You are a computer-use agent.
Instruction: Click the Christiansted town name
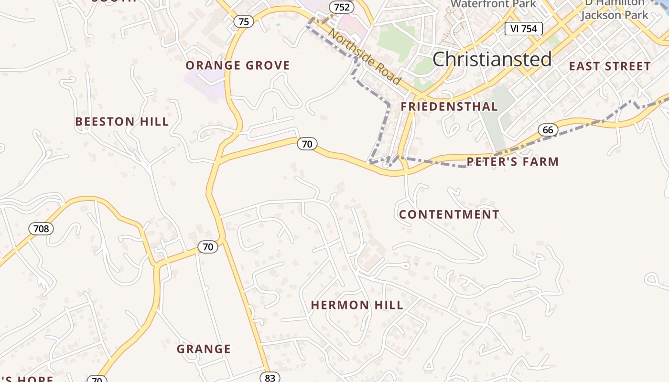[x=492, y=59]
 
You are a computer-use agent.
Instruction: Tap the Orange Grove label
[x=237, y=65]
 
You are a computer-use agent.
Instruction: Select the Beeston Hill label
[x=122, y=122]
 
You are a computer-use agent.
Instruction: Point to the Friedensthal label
[x=449, y=106]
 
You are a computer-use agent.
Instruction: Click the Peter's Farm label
[x=512, y=162]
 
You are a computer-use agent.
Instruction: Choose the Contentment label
[x=449, y=215]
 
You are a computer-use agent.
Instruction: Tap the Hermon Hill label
[x=357, y=305]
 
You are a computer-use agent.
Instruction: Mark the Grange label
[x=204, y=349]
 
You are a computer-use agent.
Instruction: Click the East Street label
[x=610, y=66]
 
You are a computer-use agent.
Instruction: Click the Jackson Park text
[x=614, y=15]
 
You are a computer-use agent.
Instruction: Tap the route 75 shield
[x=243, y=21]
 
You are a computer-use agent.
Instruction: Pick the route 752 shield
[x=342, y=7]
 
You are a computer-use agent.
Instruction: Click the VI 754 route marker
[x=524, y=29]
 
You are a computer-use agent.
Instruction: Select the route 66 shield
[x=548, y=130]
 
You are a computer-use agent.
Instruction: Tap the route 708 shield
[x=41, y=229]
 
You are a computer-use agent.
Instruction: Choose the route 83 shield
[x=270, y=378]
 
